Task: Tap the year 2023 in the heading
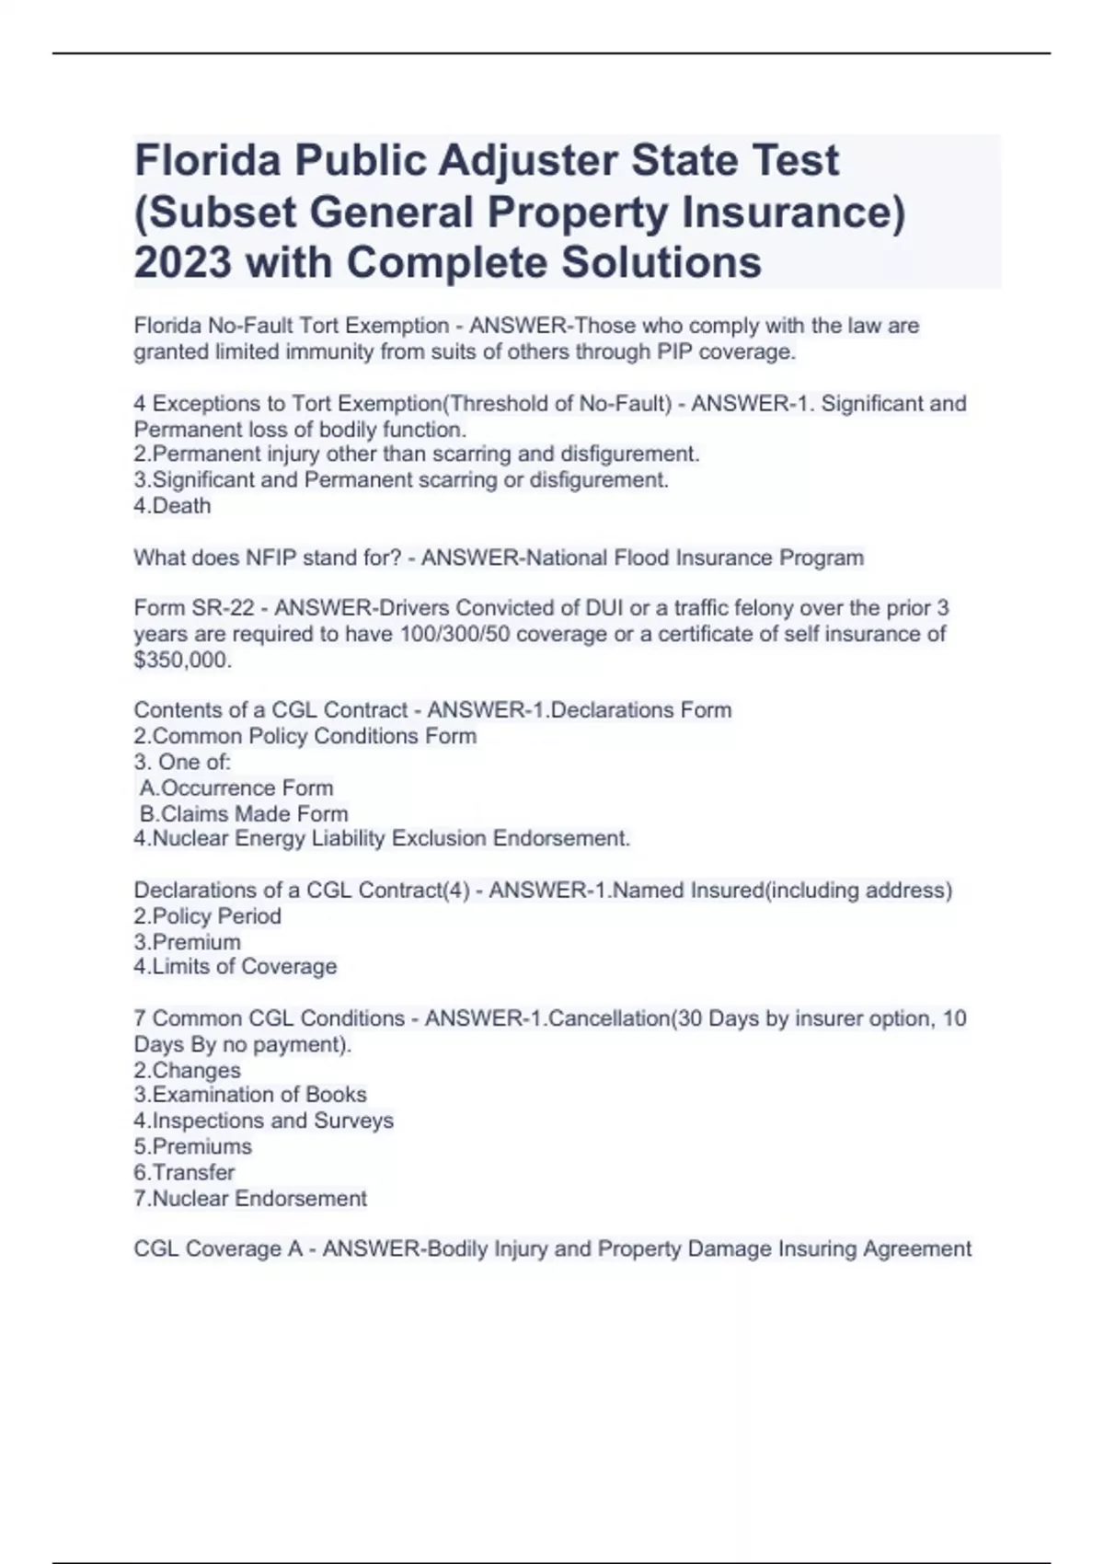[182, 262]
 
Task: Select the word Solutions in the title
[661, 262]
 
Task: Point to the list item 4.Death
[172, 506]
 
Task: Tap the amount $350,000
[182, 660]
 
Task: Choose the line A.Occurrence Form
[236, 788]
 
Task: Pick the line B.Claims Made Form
[244, 813]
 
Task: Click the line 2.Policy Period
[207, 916]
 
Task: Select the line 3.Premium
[187, 942]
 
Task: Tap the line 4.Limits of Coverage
[235, 967]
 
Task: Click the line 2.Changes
[187, 1070]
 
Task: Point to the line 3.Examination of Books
[249, 1095]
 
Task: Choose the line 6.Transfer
[184, 1172]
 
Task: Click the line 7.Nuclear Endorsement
[249, 1198]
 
